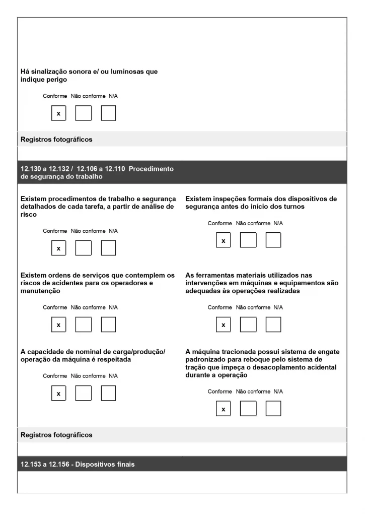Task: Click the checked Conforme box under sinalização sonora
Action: pos(58,113)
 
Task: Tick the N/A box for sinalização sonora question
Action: pos(108,113)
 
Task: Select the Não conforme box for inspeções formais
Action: pos(248,240)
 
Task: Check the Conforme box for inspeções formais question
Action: pos(224,240)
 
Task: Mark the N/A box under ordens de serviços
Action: pos(108,325)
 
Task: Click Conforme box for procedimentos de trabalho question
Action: pos(58,248)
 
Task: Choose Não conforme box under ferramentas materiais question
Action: pos(248,325)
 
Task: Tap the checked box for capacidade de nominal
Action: pos(58,393)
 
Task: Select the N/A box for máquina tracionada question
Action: pos(273,409)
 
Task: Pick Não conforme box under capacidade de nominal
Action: pos(84,393)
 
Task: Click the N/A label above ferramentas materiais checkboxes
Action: pos(278,307)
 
